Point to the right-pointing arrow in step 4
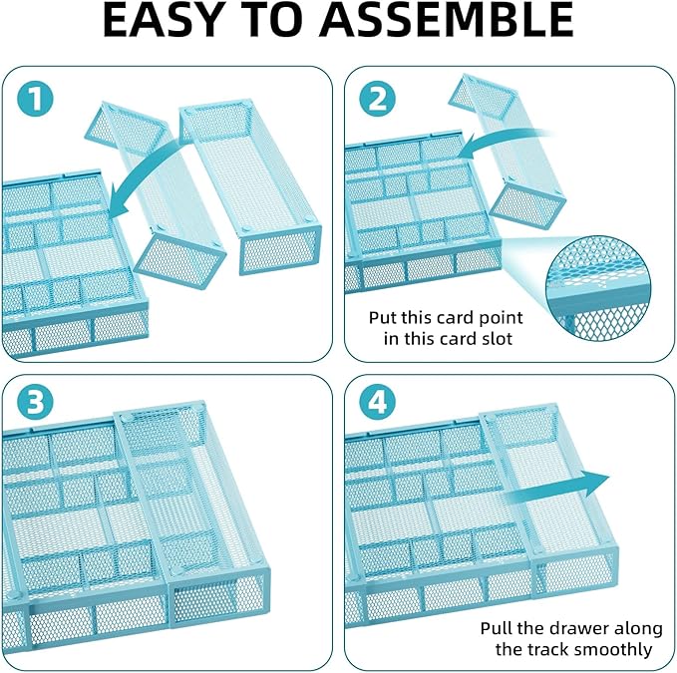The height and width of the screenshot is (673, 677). (x=558, y=486)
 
